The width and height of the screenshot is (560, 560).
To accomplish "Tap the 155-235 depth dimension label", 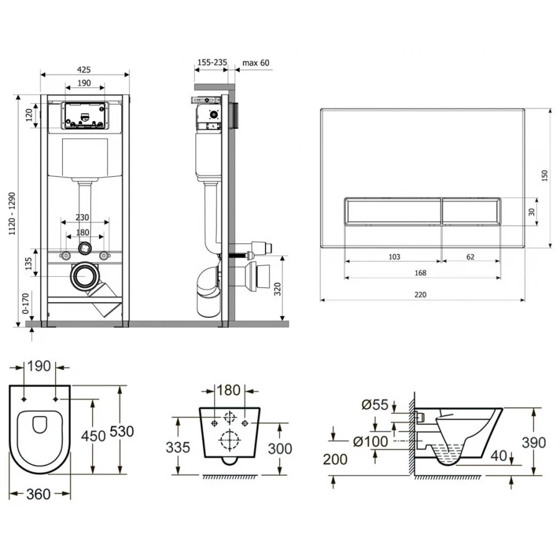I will pyautogui.click(x=212, y=63).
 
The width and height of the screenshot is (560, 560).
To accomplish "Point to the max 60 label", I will pyautogui.click(x=256, y=63).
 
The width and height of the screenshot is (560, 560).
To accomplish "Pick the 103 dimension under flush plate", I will pyautogui.click(x=393, y=256).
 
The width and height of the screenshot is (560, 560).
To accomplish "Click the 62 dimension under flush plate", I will pyautogui.click(x=470, y=256).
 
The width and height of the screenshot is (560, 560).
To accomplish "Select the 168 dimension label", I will pyautogui.click(x=422, y=273).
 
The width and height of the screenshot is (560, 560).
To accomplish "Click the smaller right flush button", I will pyautogui.click(x=471, y=212).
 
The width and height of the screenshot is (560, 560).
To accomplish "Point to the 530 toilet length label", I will pyautogui.click(x=122, y=431).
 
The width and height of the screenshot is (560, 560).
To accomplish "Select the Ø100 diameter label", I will pyautogui.click(x=371, y=442).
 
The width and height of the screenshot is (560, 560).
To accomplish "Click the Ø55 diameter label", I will pyautogui.click(x=375, y=405).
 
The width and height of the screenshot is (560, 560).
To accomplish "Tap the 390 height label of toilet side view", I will pyautogui.click(x=533, y=442).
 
